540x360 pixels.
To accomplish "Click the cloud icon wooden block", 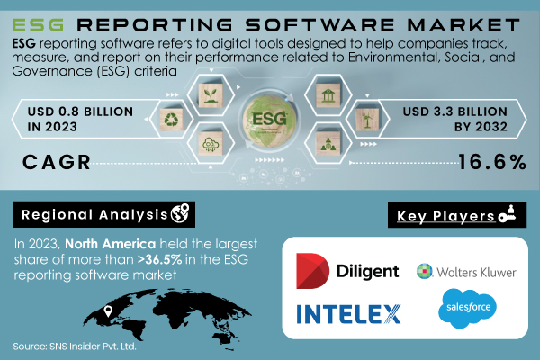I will (x=209, y=142).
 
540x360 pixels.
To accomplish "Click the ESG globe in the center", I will (x=269, y=120).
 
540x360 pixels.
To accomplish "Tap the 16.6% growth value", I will (x=490, y=162).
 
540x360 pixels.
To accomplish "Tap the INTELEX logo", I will (x=349, y=314).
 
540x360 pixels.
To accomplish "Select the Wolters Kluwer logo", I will (x=465, y=270).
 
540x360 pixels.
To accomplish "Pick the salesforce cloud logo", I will (x=462, y=310).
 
